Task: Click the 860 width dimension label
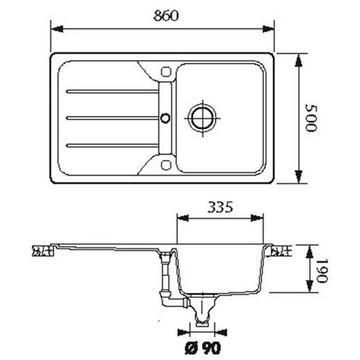pyautogui.click(x=166, y=16)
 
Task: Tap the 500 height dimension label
pyautogui.click(x=311, y=118)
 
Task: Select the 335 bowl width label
pyautogui.click(x=220, y=207)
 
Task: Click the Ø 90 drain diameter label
pyautogui.click(x=203, y=348)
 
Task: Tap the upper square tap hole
pyautogui.click(x=166, y=72)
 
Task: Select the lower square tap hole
pyautogui.click(x=166, y=165)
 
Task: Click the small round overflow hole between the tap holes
pyautogui.click(x=165, y=118)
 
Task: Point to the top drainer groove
pyautogui.click(x=112, y=91)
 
